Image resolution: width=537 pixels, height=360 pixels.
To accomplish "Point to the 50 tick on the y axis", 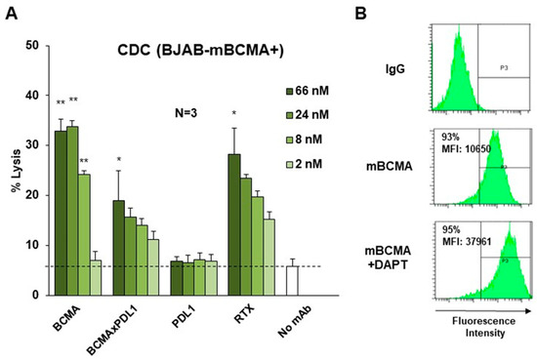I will click(33, 45).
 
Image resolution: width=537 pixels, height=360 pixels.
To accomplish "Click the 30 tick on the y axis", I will click(33, 144).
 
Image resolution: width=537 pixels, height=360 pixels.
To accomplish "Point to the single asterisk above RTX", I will click(233, 114).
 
